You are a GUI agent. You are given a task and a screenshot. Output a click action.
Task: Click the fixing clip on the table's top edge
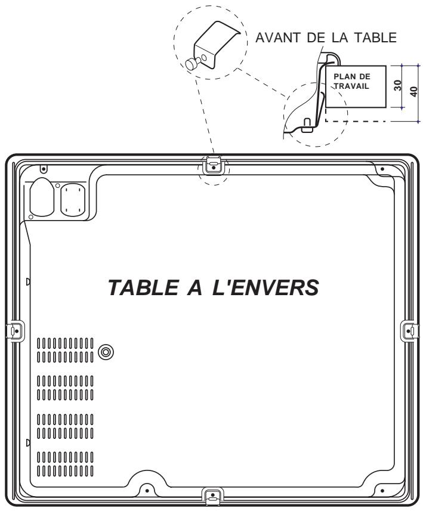212,164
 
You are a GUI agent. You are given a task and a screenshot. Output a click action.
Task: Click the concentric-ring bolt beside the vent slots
106,351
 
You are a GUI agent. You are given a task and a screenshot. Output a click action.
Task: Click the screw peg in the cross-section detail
307,125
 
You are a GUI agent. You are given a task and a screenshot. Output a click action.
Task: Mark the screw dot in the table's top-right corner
382,169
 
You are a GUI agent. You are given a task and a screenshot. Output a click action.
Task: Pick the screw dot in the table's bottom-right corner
376,491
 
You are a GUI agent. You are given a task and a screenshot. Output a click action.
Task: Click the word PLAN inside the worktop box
337,77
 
